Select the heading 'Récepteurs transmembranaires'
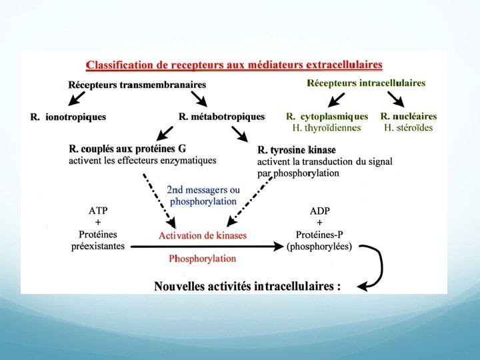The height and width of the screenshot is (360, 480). pyautogui.click(x=137, y=85)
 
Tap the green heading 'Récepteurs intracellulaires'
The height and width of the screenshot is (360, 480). pyautogui.click(x=365, y=83)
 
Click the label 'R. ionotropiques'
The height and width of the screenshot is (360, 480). pyautogui.click(x=68, y=117)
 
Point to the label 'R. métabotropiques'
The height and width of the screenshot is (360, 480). pyautogui.click(x=222, y=117)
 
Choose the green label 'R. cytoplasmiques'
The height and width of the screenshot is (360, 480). pyautogui.click(x=327, y=117)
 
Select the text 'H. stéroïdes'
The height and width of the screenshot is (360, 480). pyautogui.click(x=407, y=128)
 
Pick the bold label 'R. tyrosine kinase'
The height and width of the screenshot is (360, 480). pyautogui.click(x=297, y=149)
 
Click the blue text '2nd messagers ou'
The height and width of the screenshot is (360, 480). pyautogui.click(x=203, y=190)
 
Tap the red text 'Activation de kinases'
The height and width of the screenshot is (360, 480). pyautogui.click(x=203, y=235)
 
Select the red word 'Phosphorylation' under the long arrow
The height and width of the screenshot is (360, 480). pyautogui.click(x=203, y=258)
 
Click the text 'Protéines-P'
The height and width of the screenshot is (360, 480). pyautogui.click(x=320, y=235)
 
